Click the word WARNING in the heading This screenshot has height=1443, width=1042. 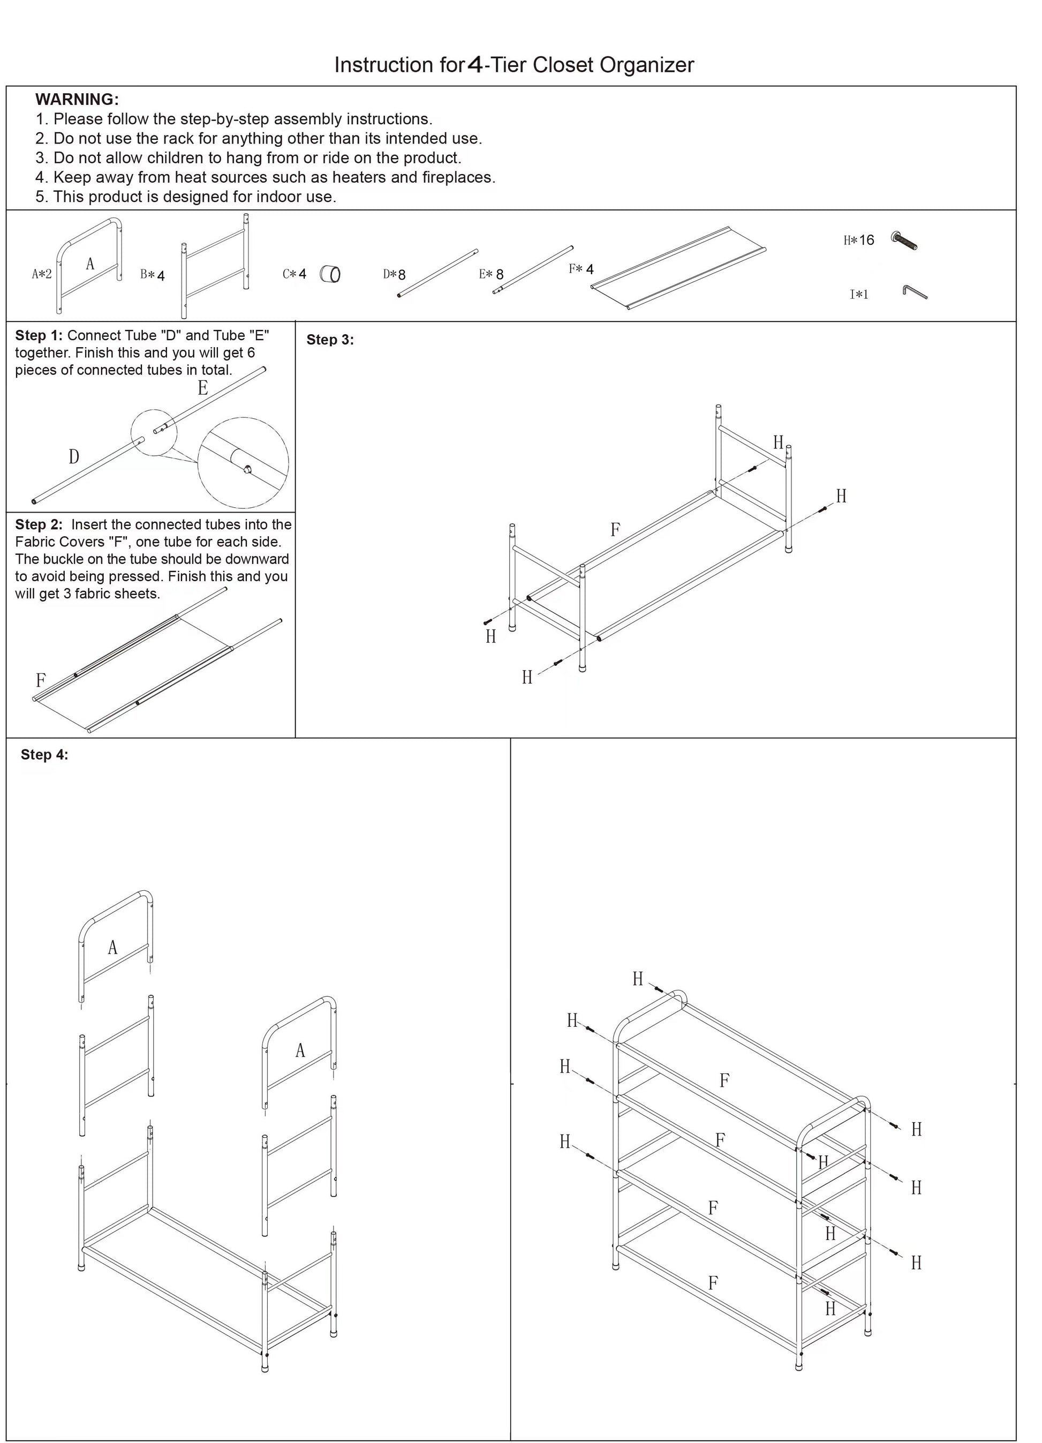[77, 99]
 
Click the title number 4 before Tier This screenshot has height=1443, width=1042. [474, 65]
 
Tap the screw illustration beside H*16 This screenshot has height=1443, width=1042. [904, 241]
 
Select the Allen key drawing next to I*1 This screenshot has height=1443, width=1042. [913, 292]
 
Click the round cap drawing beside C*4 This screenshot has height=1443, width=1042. [330, 274]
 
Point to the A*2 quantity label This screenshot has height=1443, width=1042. [42, 274]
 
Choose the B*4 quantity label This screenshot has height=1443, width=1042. [153, 275]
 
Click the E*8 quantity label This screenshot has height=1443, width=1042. [491, 274]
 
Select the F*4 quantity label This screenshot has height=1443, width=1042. [581, 269]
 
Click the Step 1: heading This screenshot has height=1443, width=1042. [39, 335]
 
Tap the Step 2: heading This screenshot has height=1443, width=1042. [39, 524]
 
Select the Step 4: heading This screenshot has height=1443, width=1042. [44, 755]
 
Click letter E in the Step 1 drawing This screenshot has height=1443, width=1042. [202, 388]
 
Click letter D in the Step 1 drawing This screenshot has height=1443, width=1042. [74, 457]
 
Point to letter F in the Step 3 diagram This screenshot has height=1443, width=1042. [615, 529]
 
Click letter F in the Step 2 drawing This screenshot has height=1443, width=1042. [41, 680]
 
